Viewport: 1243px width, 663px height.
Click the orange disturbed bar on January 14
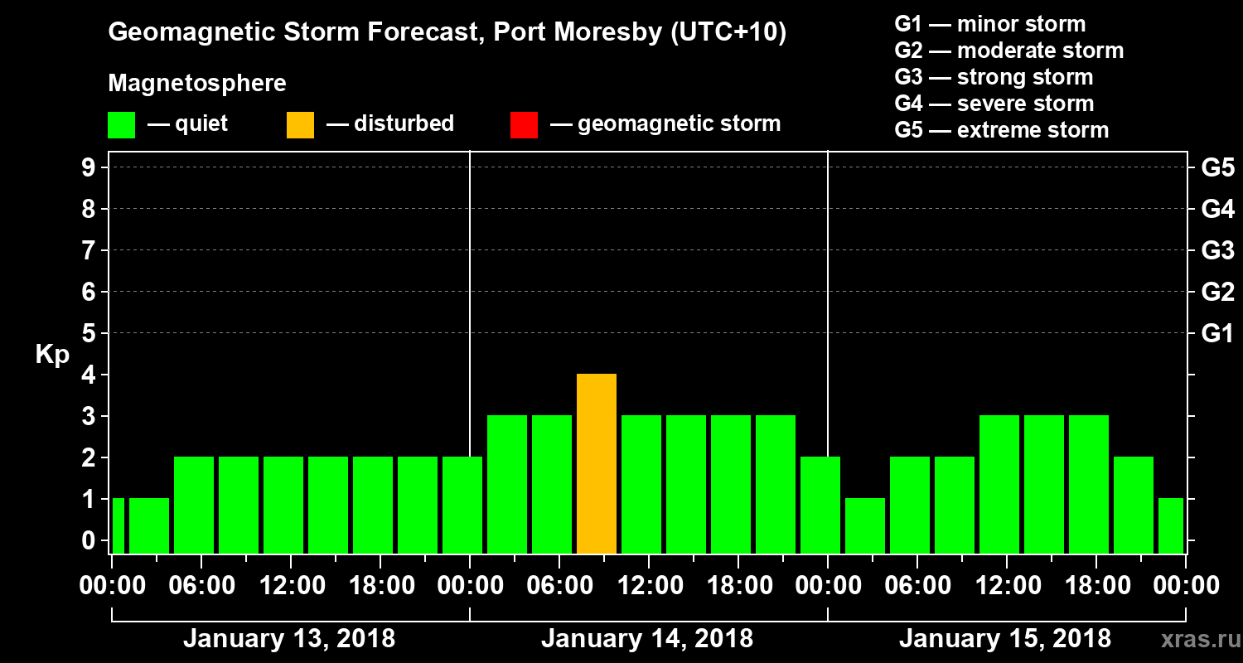[597, 463]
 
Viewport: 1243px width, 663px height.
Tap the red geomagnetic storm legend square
[524, 124]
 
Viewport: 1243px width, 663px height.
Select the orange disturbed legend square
[300, 124]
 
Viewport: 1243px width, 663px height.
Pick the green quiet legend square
[121, 124]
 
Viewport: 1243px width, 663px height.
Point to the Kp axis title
[52, 354]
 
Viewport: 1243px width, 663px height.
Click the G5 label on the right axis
[1217, 167]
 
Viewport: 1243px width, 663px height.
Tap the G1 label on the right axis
[1217, 334]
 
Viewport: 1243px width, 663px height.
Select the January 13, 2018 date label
[288, 639]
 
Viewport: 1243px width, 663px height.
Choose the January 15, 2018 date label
[1004, 639]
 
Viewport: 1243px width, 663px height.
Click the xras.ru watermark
[1194, 639]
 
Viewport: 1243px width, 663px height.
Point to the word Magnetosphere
[197, 84]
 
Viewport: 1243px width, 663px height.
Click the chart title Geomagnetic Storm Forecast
[447, 32]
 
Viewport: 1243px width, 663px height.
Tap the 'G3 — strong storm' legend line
[994, 77]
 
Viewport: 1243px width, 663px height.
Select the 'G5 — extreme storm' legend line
[1001, 130]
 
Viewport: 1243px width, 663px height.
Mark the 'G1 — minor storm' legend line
[989, 24]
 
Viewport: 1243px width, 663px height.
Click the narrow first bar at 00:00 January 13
[118, 525]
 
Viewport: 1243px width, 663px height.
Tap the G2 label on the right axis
[1217, 292]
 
